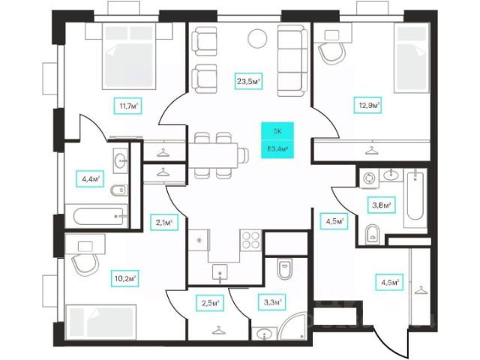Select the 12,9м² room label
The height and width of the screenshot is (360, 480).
368,106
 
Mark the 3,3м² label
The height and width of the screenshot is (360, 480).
273,302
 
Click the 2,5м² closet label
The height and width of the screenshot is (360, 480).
210,302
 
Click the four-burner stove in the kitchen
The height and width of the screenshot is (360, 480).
250,241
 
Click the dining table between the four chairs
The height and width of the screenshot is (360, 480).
217,155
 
